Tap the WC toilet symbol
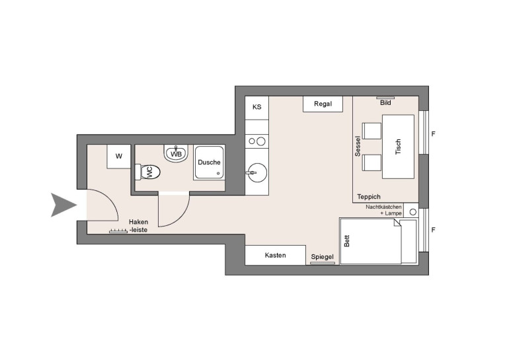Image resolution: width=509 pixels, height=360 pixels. click(x=147, y=172)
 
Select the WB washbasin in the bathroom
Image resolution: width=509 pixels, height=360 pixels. click(x=176, y=153)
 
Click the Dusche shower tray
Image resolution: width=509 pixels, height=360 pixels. click(x=209, y=162)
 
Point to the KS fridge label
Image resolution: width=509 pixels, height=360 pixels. click(x=256, y=107)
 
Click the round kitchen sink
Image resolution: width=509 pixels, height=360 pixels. click(x=256, y=172)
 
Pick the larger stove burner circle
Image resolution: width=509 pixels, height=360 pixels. click(x=260, y=141)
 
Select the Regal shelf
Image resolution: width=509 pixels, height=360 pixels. click(x=323, y=104)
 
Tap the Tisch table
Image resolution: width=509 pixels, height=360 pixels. click(x=399, y=147)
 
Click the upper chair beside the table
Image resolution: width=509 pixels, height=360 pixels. click(x=372, y=131)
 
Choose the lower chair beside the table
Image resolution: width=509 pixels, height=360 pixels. click(x=372, y=162)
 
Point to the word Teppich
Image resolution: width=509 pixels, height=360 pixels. click(x=369, y=197)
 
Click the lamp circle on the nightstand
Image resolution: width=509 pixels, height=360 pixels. click(x=413, y=212)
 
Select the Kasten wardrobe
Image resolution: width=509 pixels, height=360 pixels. click(x=275, y=255)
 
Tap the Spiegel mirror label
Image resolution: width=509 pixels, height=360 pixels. click(x=323, y=257)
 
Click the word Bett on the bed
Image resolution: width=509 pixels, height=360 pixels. click(x=346, y=241)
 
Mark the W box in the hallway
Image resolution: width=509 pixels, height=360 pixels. click(x=119, y=157)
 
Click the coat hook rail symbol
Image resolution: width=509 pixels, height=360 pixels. click(x=118, y=231)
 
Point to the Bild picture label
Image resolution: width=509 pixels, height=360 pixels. click(x=385, y=103)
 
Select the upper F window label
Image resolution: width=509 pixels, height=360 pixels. click(x=433, y=133)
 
